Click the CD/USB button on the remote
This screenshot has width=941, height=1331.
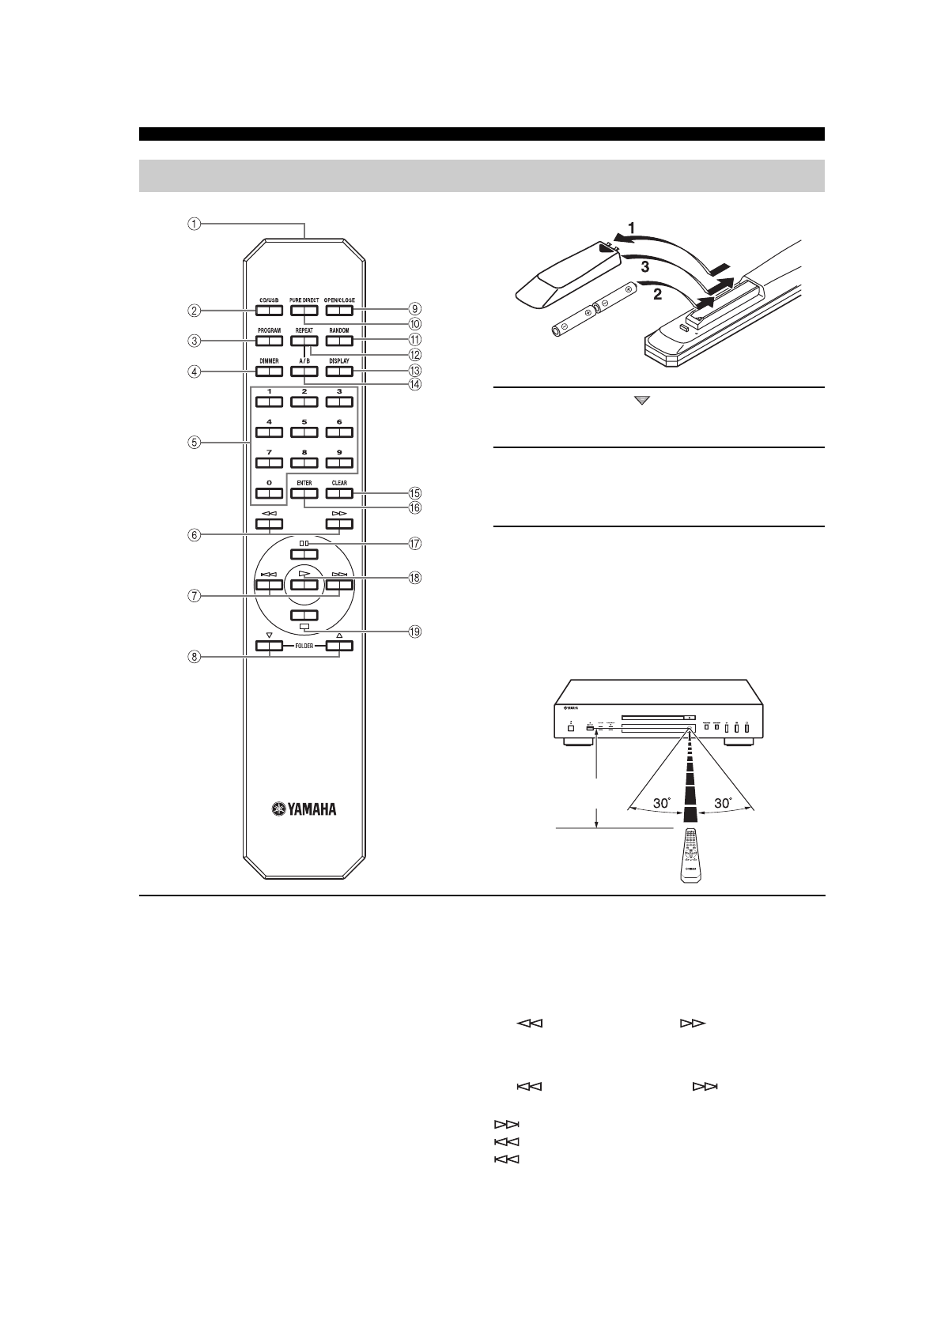pos(269,310)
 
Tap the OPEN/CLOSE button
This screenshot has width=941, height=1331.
pos(338,310)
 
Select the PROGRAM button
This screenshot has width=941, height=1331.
pos(269,341)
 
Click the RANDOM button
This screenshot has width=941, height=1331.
pos(338,341)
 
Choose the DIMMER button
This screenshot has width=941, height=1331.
pos(269,371)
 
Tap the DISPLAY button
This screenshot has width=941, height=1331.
pos(338,371)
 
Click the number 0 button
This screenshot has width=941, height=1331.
pos(269,493)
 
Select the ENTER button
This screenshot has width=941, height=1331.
pos(304,493)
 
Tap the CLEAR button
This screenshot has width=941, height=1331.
pos(338,493)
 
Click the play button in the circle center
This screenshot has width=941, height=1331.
pos(304,585)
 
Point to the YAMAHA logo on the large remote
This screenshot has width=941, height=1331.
pos(304,809)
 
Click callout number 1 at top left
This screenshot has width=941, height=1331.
pos(194,224)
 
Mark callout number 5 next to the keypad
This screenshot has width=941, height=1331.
pos(194,443)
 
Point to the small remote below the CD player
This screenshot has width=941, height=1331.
pos(689,858)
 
